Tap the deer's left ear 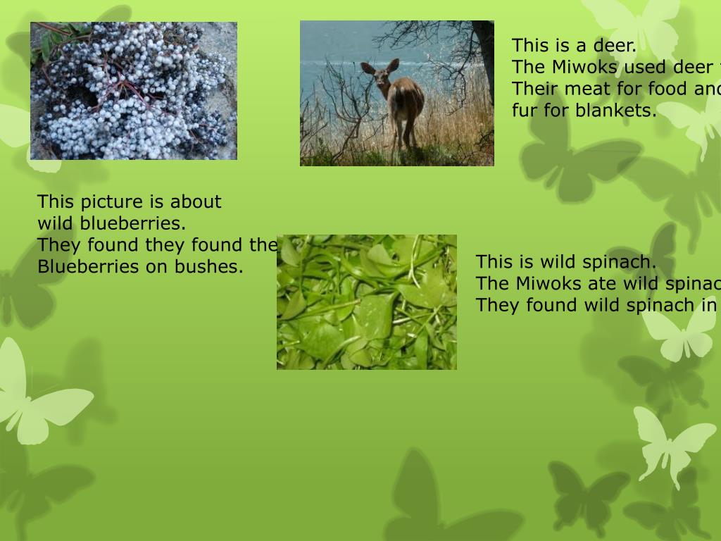click(x=368, y=68)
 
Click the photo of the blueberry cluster click(x=134, y=91)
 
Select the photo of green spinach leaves click(x=366, y=302)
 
